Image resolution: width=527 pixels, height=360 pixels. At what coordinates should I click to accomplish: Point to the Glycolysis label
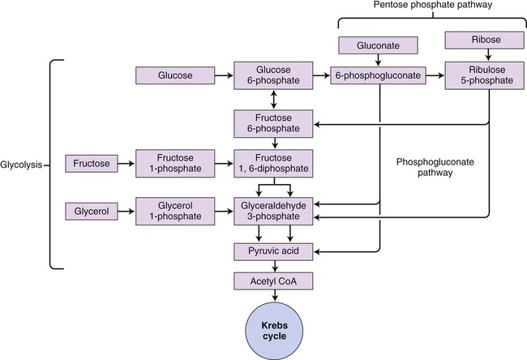(x=23, y=165)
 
